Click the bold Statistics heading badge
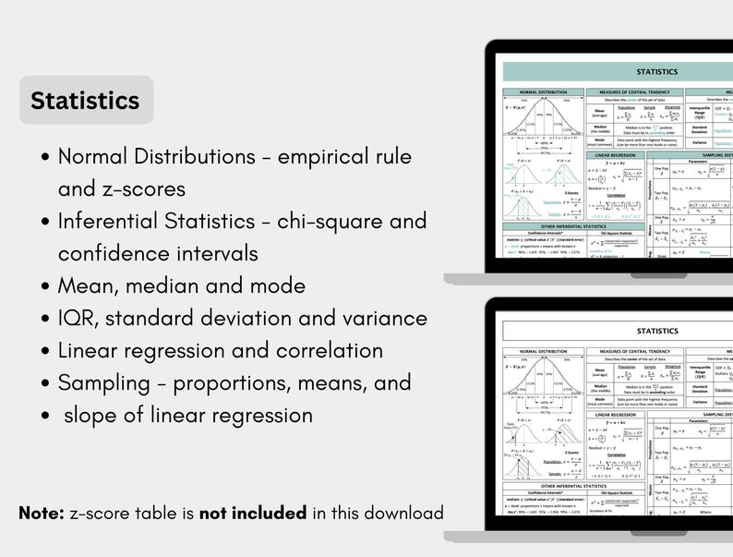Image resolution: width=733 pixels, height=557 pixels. point(85,100)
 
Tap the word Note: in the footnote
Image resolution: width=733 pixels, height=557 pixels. point(41,513)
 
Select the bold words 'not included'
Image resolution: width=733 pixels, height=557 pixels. point(253,513)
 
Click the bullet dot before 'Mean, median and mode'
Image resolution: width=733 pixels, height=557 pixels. point(46,287)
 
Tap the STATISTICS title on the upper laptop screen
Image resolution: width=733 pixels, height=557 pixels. point(657,71)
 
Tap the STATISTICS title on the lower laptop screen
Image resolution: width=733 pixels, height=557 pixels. point(657,331)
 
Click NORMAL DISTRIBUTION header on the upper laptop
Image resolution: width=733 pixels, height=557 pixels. point(543,93)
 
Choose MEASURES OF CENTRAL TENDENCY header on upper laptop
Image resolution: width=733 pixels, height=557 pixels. point(633,93)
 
